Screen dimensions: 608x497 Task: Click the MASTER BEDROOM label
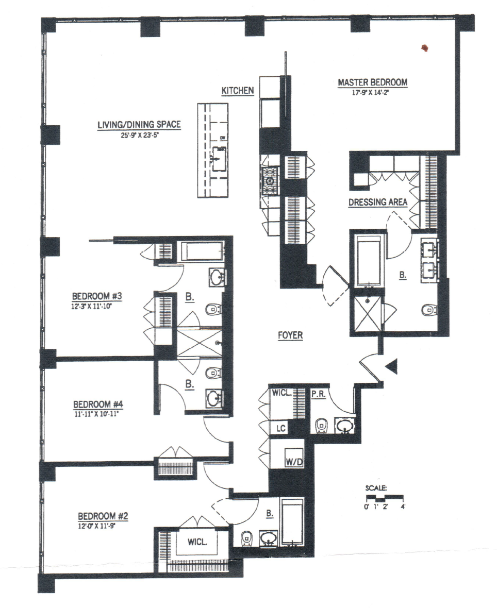coord(372,82)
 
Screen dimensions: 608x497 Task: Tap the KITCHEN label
coord(237,91)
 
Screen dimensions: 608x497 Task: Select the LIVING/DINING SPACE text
coord(139,125)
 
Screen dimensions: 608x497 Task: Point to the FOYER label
coord(290,335)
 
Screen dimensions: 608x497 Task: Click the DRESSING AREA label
coord(378,202)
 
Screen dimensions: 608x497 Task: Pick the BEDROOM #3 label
coord(96,296)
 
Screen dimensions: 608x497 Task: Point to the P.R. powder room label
coord(318,394)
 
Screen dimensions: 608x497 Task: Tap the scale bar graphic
coord(384,498)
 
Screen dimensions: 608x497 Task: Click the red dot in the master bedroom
coord(425,48)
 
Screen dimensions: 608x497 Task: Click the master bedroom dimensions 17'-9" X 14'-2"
coord(372,92)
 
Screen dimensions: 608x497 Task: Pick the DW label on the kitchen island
coord(223,138)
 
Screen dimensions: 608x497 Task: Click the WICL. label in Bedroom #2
coord(197,542)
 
